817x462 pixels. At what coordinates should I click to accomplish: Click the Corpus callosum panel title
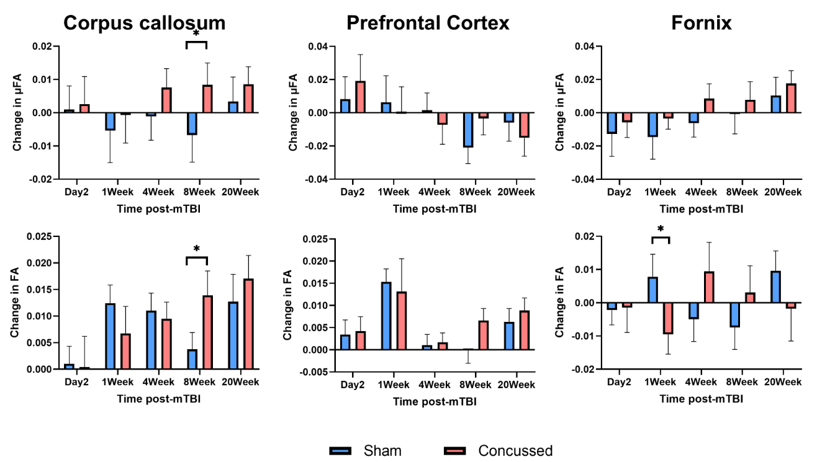tap(144, 23)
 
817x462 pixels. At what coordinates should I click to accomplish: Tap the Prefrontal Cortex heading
tap(428, 23)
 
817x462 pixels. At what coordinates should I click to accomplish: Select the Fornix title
tap(701, 23)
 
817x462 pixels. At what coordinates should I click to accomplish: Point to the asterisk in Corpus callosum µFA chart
tap(196, 34)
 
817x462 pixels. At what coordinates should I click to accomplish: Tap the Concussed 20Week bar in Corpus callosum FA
tap(248, 324)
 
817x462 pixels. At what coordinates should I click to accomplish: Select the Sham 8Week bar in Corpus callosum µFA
tap(191, 123)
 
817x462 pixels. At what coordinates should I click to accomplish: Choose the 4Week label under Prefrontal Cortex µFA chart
tap(435, 193)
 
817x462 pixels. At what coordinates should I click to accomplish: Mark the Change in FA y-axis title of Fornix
tap(561, 303)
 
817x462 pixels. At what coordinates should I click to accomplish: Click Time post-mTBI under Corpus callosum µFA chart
tap(159, 208)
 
